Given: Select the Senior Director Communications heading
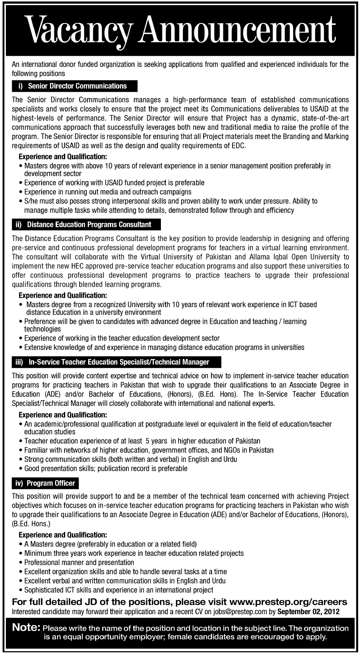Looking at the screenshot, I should click(76, 86).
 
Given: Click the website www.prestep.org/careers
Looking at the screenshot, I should click(288, 602).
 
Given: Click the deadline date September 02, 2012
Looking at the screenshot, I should click(309, 612).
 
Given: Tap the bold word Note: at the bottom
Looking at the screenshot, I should click(26, 628).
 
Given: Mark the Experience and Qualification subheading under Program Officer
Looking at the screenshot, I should click(63, 535).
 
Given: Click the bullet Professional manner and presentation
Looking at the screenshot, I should click(79, 562).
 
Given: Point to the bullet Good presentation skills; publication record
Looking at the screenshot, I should click(106, 468).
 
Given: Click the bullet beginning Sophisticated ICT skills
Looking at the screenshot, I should click(119, 590).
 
